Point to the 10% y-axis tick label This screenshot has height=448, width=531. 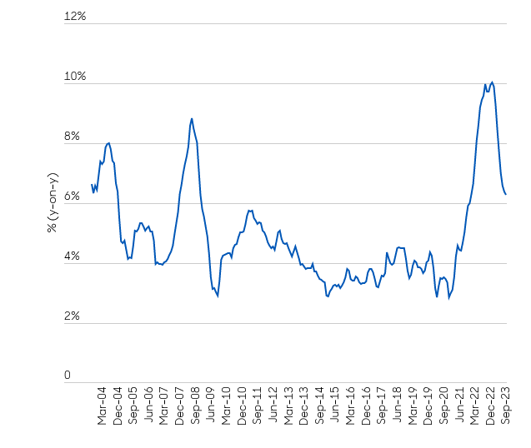click(x=76, y=77)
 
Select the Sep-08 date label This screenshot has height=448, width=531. click(x=195, y=406)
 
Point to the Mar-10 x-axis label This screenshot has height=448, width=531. click(x=226, y=406)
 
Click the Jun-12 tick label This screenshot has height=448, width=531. click(x=273, y=406)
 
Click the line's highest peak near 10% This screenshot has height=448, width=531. click(x=492, y=82)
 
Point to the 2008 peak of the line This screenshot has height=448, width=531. click(x=192, y=118)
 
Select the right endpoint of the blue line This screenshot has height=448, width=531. click(x=506, y=194)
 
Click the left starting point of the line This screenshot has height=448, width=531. click(x=91, y=184)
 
